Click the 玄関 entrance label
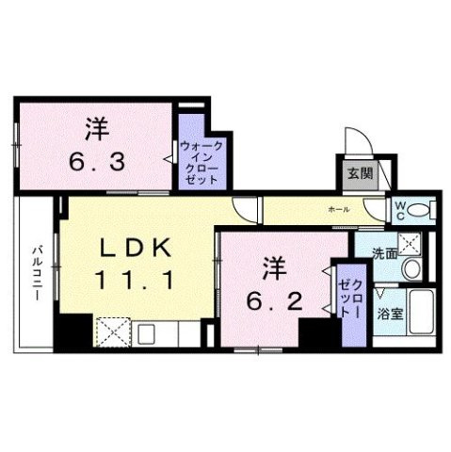click(x=359, y=172)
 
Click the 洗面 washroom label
click(x=384, y=252)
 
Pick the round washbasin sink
click(x=411, y=269)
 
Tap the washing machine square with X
click(x=410, y=243)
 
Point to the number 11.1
click(x=134, y=280)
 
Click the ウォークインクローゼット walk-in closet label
click(x=200, y=161)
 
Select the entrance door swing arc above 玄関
click(x=357, y=141)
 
